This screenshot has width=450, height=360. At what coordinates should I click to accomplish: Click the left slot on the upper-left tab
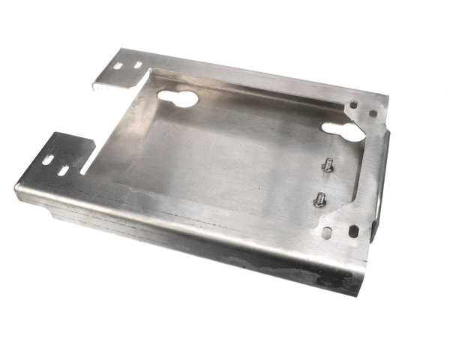(x=118, y=67)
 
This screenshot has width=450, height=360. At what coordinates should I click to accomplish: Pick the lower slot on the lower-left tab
(x=63, y=172)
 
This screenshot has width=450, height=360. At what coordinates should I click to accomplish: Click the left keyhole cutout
(x=178, y=97)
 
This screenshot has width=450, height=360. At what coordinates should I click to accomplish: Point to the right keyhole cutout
(x=343, y=129)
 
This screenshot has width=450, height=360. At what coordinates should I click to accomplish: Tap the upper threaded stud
(x=328, y=166)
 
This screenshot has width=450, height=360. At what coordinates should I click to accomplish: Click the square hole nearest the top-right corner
(x=373, y=114)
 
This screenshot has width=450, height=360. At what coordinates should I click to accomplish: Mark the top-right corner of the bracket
(x=385, y=97)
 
